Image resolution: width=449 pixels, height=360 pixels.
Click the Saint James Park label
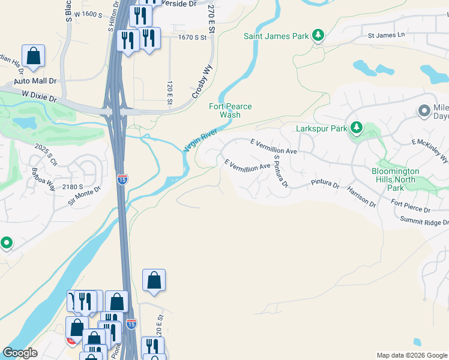point(276,36)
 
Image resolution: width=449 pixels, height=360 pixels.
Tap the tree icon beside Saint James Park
point(318,36)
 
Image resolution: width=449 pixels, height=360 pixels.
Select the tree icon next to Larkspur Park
point(357,128)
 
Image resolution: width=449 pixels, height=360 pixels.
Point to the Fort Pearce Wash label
point(230,110)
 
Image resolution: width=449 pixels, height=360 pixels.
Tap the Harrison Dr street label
point(361,196)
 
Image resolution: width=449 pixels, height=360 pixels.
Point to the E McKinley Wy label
point(430,150)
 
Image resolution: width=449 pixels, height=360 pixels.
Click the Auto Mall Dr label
point(35,80)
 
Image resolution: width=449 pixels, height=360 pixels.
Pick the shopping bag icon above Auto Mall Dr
point(34,56)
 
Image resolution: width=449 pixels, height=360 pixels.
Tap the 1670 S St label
point(192,37)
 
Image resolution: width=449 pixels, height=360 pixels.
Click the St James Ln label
point(387,35)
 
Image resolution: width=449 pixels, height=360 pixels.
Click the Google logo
point(20,353)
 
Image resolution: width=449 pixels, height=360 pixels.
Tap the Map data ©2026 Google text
point(411,355)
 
